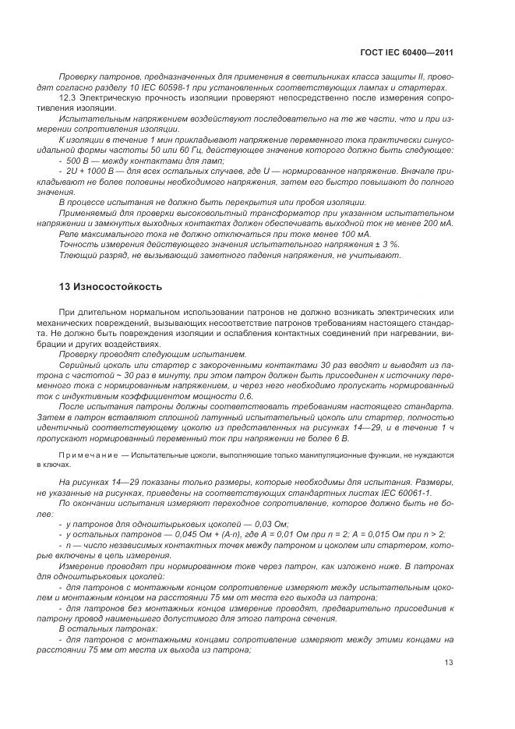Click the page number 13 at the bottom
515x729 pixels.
coord(448,663)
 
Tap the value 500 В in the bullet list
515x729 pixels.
coord(79,159)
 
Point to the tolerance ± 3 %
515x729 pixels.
coord(385,244)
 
